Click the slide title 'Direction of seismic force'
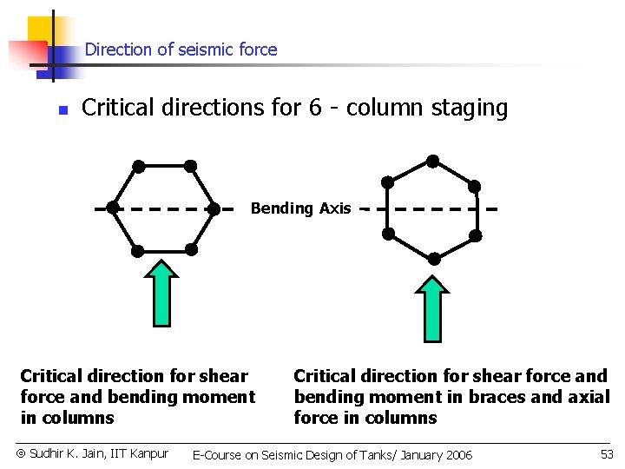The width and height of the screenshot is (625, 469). (181, 50)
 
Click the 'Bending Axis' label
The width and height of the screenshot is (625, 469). (300, 208)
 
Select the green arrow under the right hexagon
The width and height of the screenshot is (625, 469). (431, 307)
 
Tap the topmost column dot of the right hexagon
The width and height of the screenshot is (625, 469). (432, 161)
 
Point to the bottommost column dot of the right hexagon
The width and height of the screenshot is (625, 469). (432, 258)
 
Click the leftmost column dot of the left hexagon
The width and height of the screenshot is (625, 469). (113, 208)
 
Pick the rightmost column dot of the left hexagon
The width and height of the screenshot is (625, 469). (214, 208)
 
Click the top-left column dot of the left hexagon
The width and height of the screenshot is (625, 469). (138, 165)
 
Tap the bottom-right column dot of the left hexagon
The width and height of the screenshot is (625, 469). (191, 250)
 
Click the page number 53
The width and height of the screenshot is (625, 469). (607, 454)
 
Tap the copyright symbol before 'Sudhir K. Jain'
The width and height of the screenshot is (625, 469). (22, 453)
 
